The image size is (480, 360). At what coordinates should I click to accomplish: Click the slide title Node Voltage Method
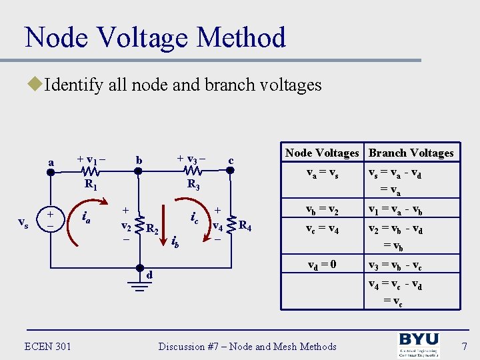[x=155, y=37]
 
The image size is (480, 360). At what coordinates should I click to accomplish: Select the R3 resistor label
[x=194, y=185]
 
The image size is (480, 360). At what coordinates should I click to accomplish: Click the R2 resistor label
[x=153, y=229]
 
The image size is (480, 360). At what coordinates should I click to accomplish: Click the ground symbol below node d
[x=139, y=287]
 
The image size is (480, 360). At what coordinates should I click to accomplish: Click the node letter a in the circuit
[x=51, y=161]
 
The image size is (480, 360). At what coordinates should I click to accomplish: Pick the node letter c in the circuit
[x=231, y=160]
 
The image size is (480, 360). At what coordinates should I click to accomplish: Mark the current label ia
[x=85, y=216]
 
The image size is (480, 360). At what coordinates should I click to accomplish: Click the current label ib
[x=176, y=241]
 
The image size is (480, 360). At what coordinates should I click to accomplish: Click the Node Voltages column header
[x=322, y=153]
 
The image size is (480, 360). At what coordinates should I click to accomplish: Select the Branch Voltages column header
[x=411, y=153]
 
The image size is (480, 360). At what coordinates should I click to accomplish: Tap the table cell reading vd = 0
[x=322, y=264]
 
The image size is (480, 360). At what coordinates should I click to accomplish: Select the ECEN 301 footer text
[x=47, y=345]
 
